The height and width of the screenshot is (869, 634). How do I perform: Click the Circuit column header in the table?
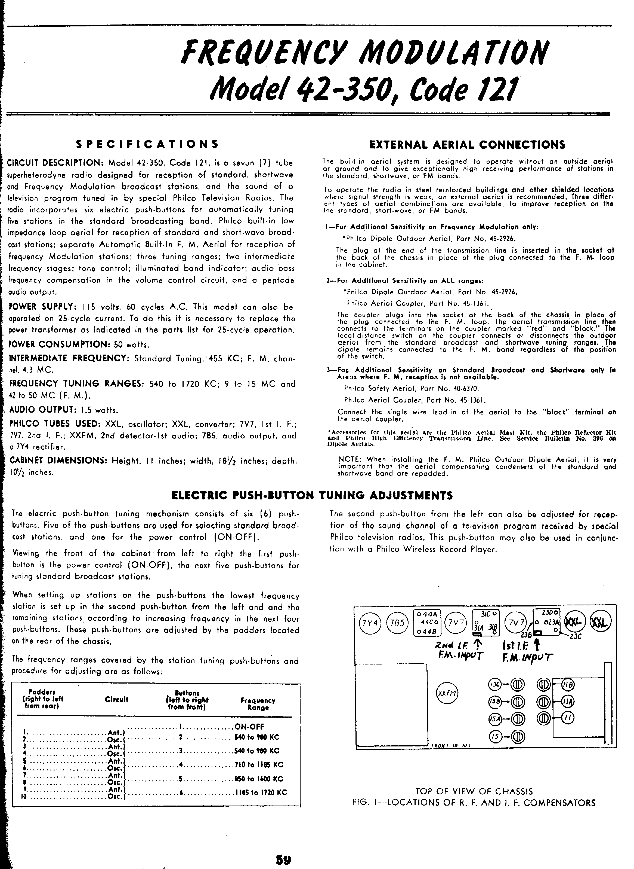(116, 699)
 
